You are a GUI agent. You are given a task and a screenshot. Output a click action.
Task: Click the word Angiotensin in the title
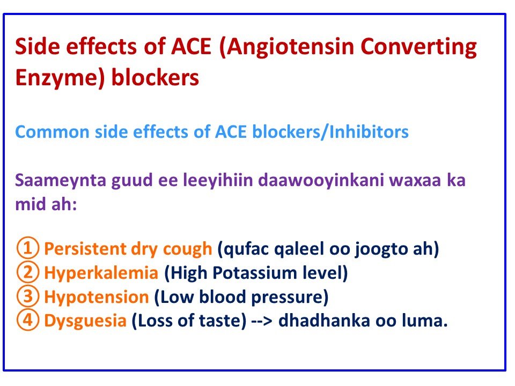[x=290, y=48]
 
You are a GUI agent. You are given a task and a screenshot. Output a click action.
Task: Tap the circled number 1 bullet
[x=28, y=249]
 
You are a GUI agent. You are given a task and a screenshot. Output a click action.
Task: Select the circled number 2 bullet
[x=28, y=273]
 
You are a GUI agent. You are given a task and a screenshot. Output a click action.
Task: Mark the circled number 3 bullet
[x=28, y=297]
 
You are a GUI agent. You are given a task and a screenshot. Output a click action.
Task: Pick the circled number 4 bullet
[x=28, y=321]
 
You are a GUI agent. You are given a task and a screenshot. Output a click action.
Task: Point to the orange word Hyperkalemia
[x=101, y=273]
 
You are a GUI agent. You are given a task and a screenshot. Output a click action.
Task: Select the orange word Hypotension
[x=96, y=297]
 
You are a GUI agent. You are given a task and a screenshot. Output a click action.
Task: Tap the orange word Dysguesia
[x=86, y=321]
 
